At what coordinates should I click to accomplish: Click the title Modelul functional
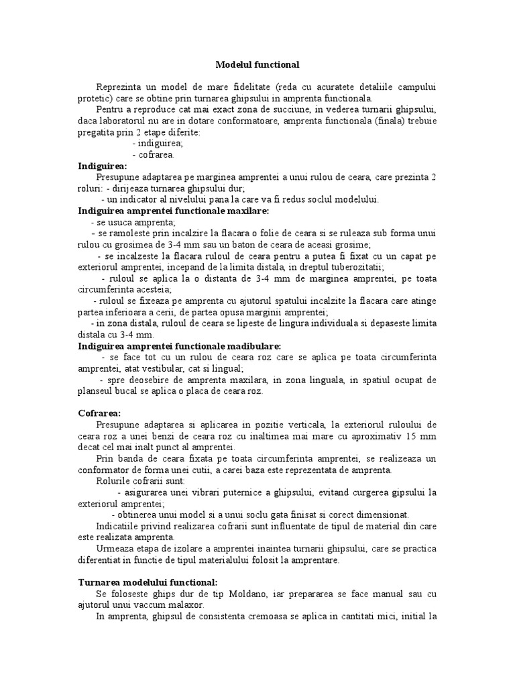[x=257, y=64]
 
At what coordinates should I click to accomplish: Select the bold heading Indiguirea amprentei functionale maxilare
[x=174, y=211]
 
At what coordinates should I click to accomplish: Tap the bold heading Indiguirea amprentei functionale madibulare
[x=176, y=346]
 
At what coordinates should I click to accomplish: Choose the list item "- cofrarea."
[x=154, y=155]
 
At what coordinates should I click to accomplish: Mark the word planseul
[x=98, y=391]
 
